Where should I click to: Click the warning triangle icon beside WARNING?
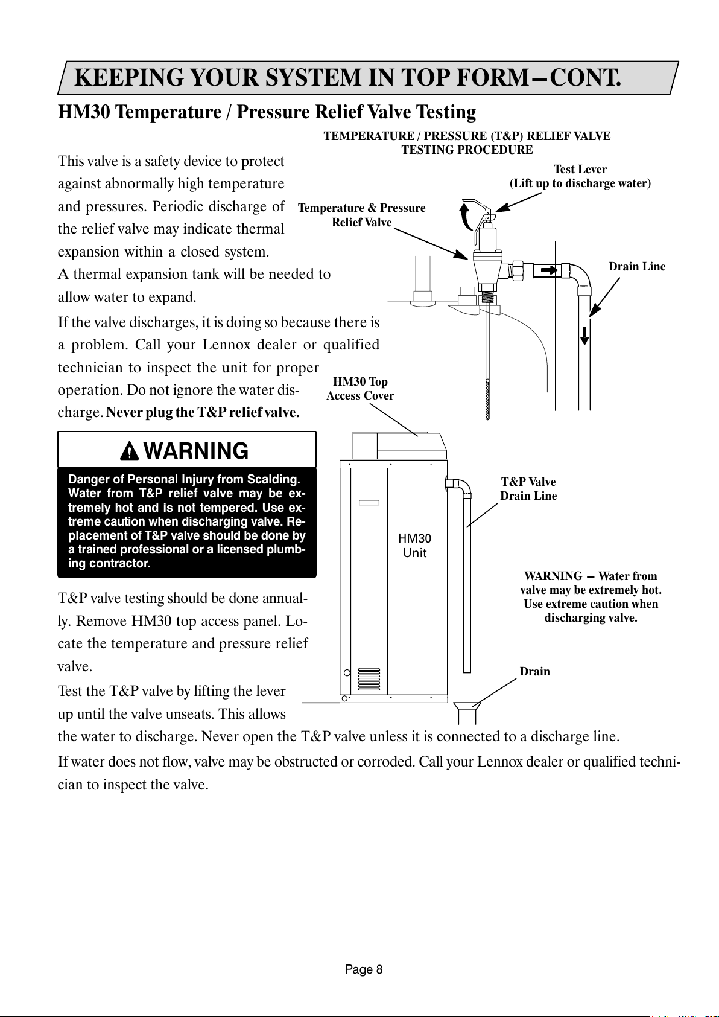129,451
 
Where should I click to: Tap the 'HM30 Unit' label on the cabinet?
414,545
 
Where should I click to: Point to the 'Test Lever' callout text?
580,170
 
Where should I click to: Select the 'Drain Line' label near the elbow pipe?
636,267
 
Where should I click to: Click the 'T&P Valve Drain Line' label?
528,489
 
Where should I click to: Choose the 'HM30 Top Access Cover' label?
360,389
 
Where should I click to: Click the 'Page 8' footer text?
364,969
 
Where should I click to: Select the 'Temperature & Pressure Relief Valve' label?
361,215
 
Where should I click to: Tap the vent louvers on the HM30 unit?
369,679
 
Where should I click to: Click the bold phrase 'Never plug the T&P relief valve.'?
203,413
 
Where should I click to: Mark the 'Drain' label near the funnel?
534,672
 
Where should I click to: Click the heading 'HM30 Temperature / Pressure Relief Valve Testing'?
267,112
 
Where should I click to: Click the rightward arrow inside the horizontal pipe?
549,270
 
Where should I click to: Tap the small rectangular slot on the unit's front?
369,502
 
